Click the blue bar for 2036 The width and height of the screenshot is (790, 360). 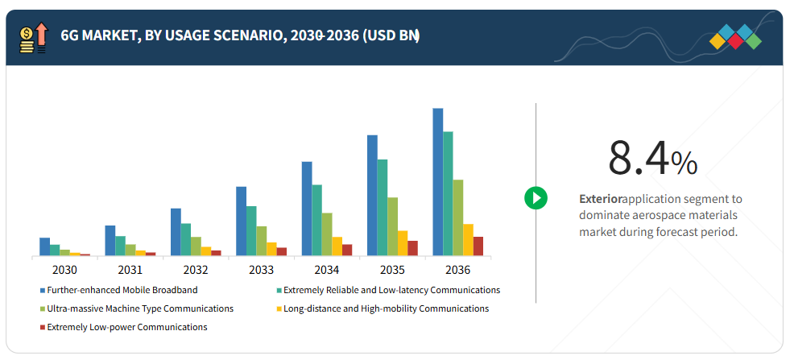(438, 182)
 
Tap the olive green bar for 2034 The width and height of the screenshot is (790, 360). (327, 234)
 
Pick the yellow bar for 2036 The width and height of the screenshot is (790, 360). (468, 239)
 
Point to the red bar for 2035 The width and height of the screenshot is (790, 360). (412, 247)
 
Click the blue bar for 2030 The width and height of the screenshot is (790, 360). (45, 246)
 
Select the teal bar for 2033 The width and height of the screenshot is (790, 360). (251, 230)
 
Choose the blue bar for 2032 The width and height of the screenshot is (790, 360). (176, 232)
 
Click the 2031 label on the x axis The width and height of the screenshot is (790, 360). (130, 270)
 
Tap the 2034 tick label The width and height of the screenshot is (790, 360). (326, 270)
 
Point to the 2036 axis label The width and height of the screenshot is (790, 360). (457, 270)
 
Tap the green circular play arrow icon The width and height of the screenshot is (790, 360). (536, 197)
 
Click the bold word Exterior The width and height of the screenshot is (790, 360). (600, 198)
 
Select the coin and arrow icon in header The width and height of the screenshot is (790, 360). (33, 38)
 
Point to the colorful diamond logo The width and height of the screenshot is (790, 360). (736, 37)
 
